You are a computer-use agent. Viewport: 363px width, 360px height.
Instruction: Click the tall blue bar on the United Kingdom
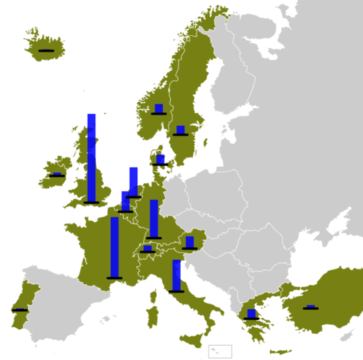pos(91,157)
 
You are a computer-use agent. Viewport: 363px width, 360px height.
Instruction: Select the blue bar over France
pos(114,247)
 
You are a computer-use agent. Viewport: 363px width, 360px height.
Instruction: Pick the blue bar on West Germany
pos(154,218)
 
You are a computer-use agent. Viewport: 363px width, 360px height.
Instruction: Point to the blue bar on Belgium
pos(125,201)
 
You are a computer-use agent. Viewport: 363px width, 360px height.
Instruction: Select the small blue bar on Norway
pos(158,108)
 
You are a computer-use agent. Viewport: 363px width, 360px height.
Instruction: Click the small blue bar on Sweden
pos(180,130)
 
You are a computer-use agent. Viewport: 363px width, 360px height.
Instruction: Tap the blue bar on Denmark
pos(160,159)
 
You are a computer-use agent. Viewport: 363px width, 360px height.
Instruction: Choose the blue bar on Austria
pos(189,241)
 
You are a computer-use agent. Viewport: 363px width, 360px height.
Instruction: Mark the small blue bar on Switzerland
pos(148,247)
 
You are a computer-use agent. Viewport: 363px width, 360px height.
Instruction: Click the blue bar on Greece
pos(251,313)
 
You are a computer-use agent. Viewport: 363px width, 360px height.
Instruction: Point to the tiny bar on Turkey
pos(310,306)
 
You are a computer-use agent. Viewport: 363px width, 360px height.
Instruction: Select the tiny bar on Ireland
pos(56,173)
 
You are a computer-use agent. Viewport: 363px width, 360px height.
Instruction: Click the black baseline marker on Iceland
pos(47,49)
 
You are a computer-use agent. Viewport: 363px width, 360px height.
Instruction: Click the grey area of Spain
pos(60,300)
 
